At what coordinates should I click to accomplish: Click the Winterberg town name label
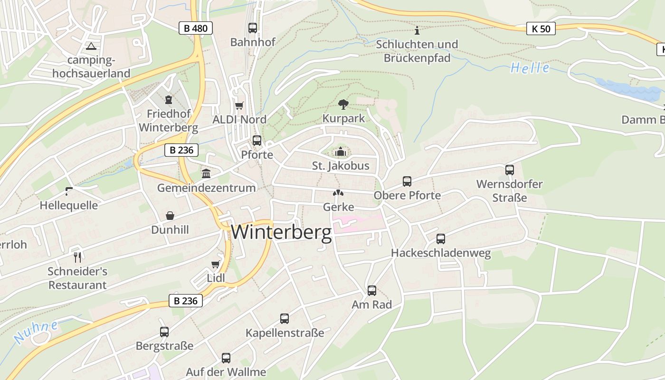click(x=281, y=233)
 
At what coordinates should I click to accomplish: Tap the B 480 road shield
click(x=195, y=28)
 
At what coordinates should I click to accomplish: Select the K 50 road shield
click(x=541, y=28)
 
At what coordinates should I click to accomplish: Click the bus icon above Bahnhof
click(x=253, y=28)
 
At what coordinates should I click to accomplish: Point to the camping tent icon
click(x=91, y=46)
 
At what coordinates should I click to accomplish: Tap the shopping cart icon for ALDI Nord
click(x=239, y=105)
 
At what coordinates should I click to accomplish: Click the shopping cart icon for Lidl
click(x=216, y=264)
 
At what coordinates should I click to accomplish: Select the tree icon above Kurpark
click(x=343, y=104)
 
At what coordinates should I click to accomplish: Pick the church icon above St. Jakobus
click(x=341, y=152)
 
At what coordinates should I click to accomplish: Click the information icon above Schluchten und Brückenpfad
click(x=417, y=31)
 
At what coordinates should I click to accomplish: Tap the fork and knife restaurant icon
click(x=77, y=257)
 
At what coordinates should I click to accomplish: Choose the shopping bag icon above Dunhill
click(x=170, y=216)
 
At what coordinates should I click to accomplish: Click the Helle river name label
click(x=530, y=68)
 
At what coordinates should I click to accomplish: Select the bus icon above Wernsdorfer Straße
click(x=510, y=170)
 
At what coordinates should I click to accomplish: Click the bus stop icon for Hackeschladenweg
click(x=441, y=238)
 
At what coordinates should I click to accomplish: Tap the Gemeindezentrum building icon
click(x=206, y=173)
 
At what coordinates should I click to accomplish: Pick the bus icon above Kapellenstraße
click(x=285, y=318)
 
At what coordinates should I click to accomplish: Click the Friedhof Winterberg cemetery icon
click(x=168, y=100)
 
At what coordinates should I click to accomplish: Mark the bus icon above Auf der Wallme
click(x=226, y=358)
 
